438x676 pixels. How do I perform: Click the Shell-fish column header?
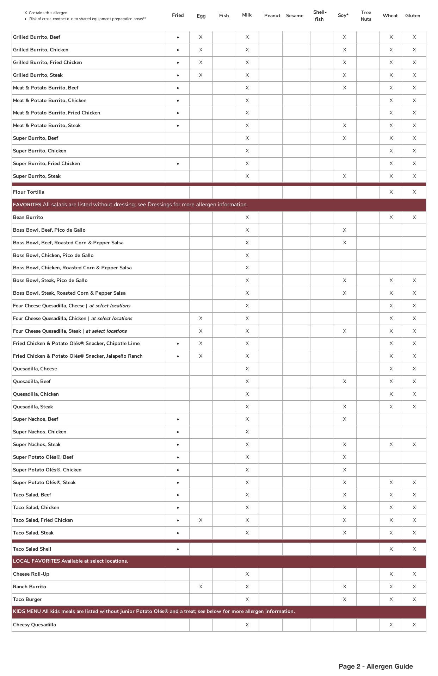pyautogui.click(x=320, y=16)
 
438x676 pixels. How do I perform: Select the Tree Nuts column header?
pyautogui.click(x=366, y=16)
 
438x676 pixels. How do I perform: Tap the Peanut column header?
pyautogui.click(x=272, y=15)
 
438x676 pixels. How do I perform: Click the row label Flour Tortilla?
pyautogui.click(x=29, y=192)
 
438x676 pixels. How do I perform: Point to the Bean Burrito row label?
pyautogui.click(x=28, y=217)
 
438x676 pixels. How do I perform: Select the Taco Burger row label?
pyautogui.click(x=27, y=599)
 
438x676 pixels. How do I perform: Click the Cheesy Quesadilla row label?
pyautogui.click(x=34, y=625)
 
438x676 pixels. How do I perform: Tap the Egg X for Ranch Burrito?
pyautogui.click(x=201, y=587)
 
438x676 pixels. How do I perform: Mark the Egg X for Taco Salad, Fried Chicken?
pyautogui.click(x=201, y=520)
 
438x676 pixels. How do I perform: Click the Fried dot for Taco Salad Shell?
pyautogui.click(x=178, y=549)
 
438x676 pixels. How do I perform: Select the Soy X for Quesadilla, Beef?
pyautogui.click(x=344, y=381)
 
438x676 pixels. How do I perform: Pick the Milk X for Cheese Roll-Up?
pyautogui.click(x=247, y=574)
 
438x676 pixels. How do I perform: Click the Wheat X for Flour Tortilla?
pyautogui.click(x=391, y=192)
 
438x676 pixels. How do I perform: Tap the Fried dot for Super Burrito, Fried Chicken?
pyautogui.click(x=178, y=164)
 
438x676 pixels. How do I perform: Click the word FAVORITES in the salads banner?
pyautogui.click(x=27, y=205)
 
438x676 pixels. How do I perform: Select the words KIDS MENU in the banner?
pyautogui.click(x=27, y=611)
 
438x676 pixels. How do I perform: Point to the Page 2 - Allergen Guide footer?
pyautogui.click(x=375, y=666)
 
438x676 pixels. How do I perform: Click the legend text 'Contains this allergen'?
pyautogui.click(x=48, y=13)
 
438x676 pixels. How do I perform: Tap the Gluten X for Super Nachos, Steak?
pyautogui.click(x=414, y=444)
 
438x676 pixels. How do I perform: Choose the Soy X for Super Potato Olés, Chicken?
pyautogui.click(x=344, y=470)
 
